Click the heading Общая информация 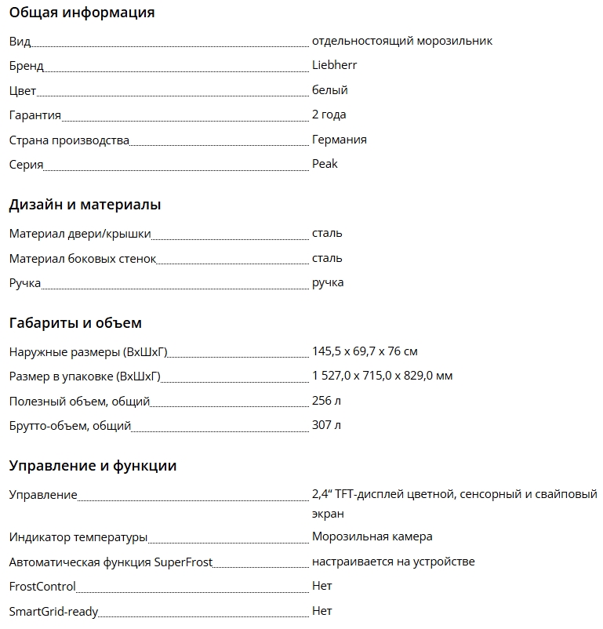[x=82, y=13]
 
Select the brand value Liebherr [x=334, y=65]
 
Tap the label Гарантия [x=35, y=115]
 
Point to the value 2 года [x=329, y=115]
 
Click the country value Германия [x=339, y=140]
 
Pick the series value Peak [x=325, y=164]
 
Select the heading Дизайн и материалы [x=85, y=205]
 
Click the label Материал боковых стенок [x=82, y=259]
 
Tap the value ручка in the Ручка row [x=328, y=282]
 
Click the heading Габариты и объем [x=75, y=323]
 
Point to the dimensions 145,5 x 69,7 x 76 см [x=365, y=351]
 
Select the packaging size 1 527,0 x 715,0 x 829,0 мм [x=382, y=376]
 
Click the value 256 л [x=326, y=401]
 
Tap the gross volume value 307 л [x=326, y=425]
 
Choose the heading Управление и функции [x=93, y=466]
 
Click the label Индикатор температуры [x=78, y=537]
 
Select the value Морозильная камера [x=372, y=536]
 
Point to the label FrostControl [x=42, y=587]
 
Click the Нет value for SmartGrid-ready [x=321, y=610]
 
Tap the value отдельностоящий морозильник [x=401, y=41]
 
